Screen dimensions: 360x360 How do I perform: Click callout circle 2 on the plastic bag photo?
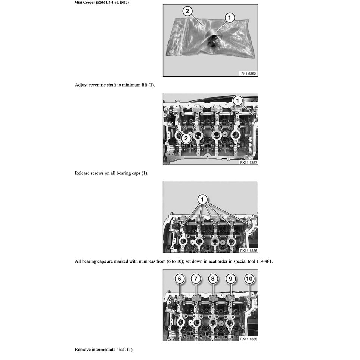[x=187, y=11]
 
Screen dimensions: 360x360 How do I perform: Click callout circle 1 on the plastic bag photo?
[x=229, y=17]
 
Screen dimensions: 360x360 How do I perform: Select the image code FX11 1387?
[x=249, y=162]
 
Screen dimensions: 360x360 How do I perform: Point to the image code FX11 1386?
[x=249, y=251]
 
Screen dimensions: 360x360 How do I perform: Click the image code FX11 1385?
[x=249, y=339]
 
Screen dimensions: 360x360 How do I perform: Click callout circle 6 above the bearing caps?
[x=180, y=279]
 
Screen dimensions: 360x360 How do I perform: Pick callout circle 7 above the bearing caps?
[x=196, y=279]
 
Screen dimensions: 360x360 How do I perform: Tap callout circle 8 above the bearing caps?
[x=212, y=279]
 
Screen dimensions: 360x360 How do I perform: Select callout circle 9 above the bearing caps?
[x=230, y=279]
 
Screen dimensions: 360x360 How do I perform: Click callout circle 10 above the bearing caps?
[x=249, y=279]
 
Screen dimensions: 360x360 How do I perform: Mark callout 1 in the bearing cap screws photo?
[x=202, y=200]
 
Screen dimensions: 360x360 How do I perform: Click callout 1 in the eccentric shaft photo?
[x=238, y=100]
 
